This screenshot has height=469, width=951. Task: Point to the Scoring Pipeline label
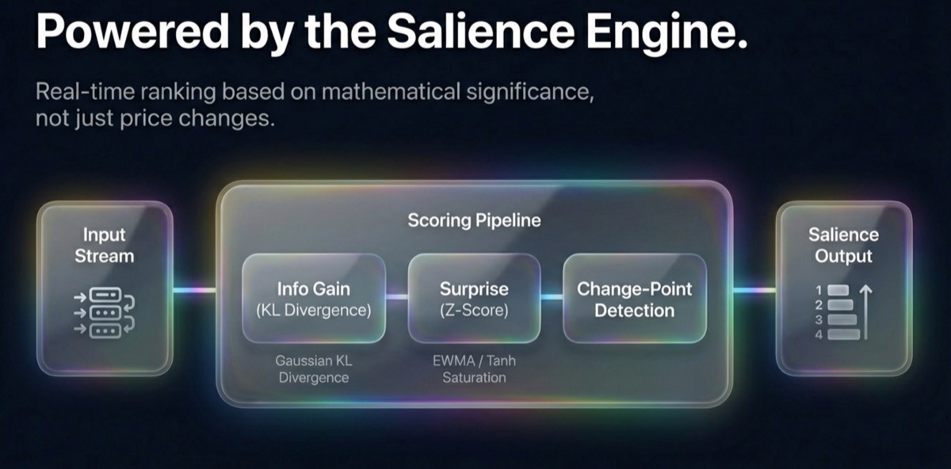tap(474, 220)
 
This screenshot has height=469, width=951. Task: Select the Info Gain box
tap(314, 298)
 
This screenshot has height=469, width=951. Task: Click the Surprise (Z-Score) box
tap(474, 298)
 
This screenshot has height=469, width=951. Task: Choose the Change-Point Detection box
tap(634, 298)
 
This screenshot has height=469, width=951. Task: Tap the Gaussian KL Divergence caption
tap(314, 369)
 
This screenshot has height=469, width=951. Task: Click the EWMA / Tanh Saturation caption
tap(474, 369)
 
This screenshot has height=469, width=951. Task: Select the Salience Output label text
tap(843, 246)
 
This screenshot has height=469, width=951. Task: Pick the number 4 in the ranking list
tap(819, 334)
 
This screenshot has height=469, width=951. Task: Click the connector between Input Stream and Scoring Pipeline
tap(194, 289)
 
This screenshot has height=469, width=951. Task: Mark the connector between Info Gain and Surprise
tap(396, 297)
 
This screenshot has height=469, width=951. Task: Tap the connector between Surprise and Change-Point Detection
tap(552, 297)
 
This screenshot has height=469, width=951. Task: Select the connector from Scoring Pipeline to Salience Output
tap(753, 289)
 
